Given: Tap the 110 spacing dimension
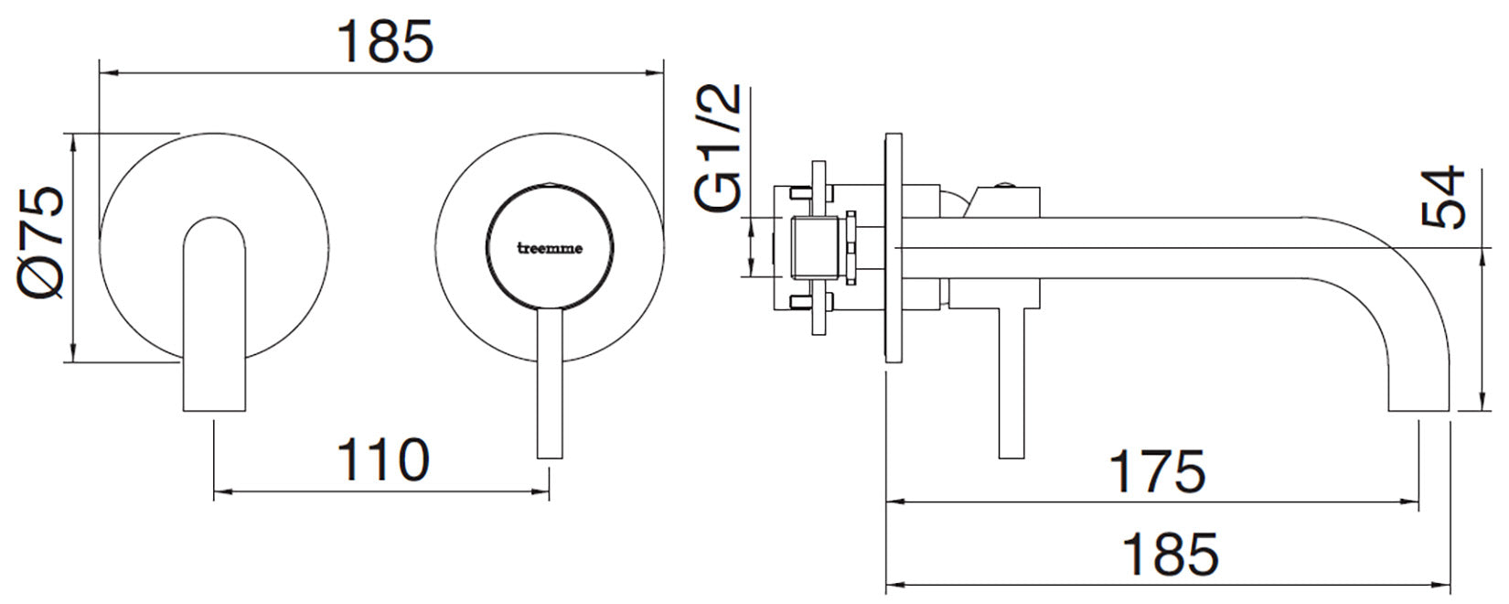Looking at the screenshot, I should (383, 460).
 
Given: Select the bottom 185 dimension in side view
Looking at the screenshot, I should (1170, 553).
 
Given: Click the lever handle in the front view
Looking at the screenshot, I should (549, 384).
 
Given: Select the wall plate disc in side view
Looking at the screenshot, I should (894, 248).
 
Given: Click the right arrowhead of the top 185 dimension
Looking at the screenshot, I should (657, 70).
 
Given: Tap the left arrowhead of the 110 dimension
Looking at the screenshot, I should (220, 491).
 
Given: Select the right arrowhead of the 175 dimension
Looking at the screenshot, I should (1412, 502).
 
